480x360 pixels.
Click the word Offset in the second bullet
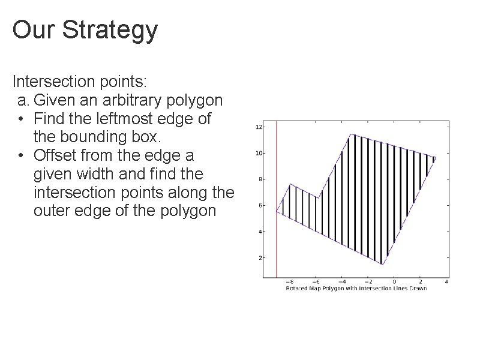tap(59, 155)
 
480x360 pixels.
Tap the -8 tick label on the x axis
tap(289, 281)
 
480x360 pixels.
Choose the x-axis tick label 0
tap(394, 281)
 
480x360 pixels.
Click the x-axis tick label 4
tap(447, 281)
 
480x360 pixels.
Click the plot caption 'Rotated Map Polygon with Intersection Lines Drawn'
tap(356, 288)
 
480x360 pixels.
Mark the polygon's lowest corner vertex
tap(382, 264)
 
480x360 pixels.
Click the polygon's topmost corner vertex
tap(351, 134)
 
